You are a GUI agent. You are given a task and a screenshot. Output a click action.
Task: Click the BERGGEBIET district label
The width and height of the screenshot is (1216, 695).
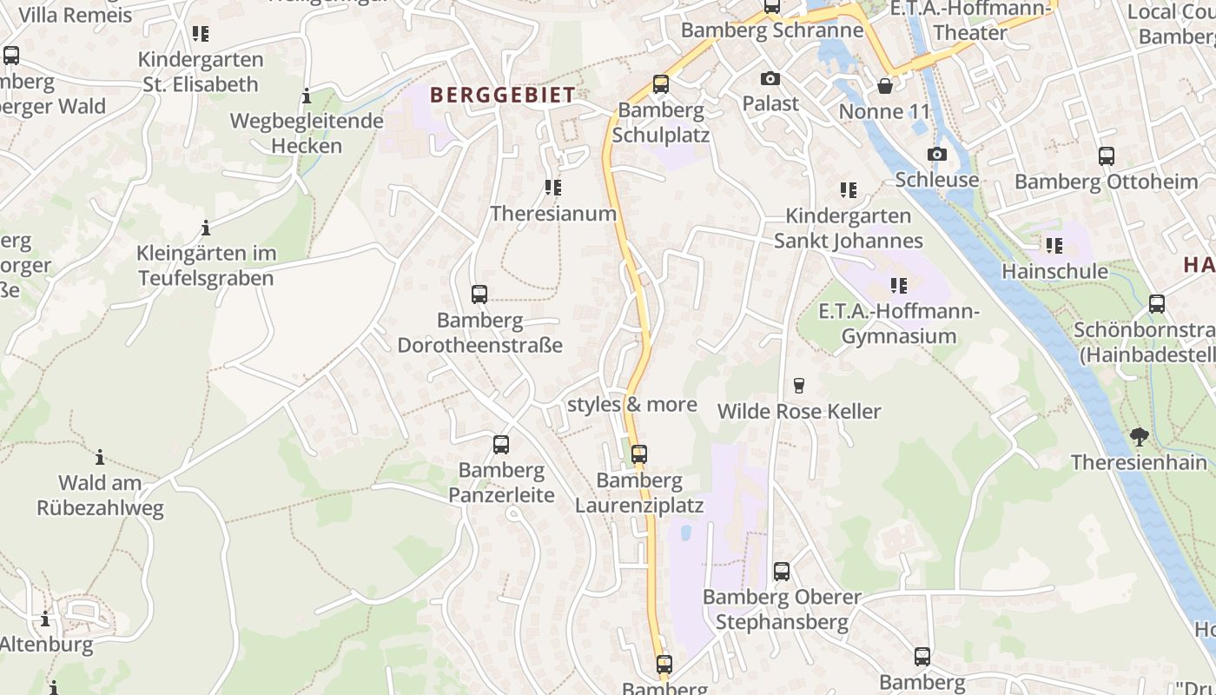click(x=502, y=95)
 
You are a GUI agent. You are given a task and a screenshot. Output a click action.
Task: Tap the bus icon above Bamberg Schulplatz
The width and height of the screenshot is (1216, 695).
click(x=661, y=84)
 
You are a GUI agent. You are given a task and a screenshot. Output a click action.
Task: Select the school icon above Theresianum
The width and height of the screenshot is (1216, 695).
click(x=552, y=188)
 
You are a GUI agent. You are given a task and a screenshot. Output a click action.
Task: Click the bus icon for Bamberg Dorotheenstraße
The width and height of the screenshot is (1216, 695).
click(x=479, y=295)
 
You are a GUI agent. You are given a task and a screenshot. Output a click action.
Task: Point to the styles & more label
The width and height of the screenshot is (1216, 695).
click(x=631, y=405)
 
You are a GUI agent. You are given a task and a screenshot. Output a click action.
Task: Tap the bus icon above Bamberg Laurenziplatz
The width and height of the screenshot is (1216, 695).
click(x=638, y=454)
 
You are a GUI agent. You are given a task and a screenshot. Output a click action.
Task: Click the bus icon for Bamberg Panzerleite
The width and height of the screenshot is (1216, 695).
click(x=501, y=445)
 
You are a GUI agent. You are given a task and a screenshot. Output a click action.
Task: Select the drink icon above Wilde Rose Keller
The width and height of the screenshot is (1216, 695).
click(x=799, y=386)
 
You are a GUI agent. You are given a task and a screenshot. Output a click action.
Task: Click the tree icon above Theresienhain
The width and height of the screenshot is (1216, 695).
click(x=1139, y=437)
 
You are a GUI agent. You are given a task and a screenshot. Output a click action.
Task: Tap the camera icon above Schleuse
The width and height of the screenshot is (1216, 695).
click(x=936, y=155)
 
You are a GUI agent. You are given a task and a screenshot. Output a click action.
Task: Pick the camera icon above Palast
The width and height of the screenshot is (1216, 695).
click(x=770, y=79)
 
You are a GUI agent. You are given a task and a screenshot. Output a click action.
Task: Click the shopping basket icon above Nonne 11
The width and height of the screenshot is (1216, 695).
click(x=884, y=86)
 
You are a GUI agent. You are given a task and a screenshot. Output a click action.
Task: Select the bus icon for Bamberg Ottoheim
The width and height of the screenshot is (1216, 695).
click(x=1106, y=156)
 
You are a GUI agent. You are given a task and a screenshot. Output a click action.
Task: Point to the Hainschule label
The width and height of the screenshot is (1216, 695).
click(x=1054, y=271)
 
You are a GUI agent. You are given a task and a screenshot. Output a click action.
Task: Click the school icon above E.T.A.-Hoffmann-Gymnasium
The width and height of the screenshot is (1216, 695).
click(x=899, y=285)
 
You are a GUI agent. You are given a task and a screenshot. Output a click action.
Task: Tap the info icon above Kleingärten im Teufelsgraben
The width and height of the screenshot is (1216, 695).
click(x=206, y=228)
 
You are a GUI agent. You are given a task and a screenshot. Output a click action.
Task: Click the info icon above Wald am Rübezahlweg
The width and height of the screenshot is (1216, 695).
click(x=100, y=457)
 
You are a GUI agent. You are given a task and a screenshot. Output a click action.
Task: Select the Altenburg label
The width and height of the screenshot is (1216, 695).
click(x=46, y=645)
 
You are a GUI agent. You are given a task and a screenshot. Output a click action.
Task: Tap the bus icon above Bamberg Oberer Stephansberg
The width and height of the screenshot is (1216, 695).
click(x=781, y=572)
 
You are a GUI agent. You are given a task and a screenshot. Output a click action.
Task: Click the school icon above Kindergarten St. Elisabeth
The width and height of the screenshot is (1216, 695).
click(x=201, y=34)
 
